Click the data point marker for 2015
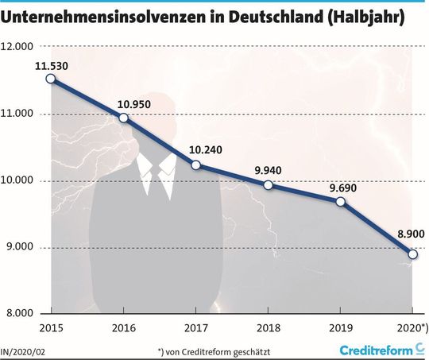[x=51, y=79]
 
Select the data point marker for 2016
[x=123, y=118]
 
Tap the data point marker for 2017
[x=196, y=165]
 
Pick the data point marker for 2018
[x=269, y=185]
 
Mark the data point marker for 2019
[x=341, y=202]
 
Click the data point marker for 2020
[x=413, y=254]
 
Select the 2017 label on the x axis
[x=196, y=327]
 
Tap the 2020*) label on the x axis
[x=412, y=327]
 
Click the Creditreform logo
[x=381, y=350]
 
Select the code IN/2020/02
[x=23, y=350]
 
